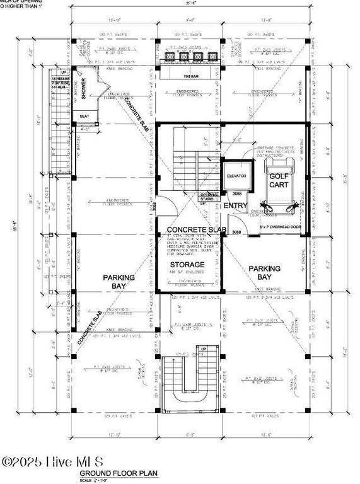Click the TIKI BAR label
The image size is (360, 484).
pos(190,76)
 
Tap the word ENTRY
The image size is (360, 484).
pos(236,206)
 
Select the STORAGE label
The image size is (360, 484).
pos(187,264)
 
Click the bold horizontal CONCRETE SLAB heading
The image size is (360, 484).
pos(196,229)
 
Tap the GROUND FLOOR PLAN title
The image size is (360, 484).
pos(118,472)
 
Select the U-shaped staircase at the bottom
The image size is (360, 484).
pos(190,379)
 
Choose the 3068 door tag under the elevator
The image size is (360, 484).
pos(236,193)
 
